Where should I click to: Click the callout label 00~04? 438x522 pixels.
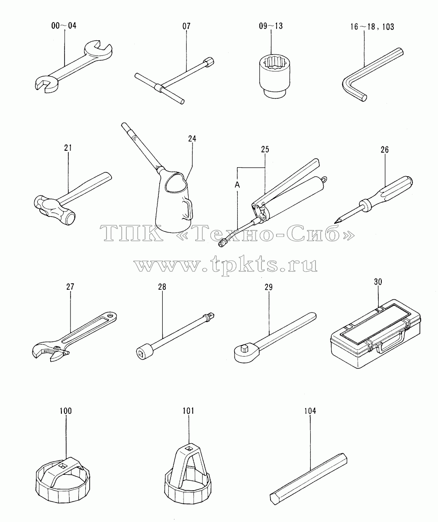pyautogui.click(x=64, y=26)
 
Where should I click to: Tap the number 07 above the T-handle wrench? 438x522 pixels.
pyautogui.click(x=186, y=26)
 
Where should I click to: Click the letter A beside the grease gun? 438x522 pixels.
pyautogui.click(x=237, y=185)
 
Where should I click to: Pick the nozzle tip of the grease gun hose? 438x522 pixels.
pyautogui.click(x=222, y=243)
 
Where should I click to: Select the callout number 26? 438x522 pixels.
pyautogui.click(x=384, y=150)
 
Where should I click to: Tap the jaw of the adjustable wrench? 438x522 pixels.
pyautogui.click(x=49, y=353)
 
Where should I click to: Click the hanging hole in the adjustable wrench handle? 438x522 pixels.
pyautogui.click(x=110, y=316)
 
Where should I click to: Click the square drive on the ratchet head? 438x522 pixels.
pyautogui.click(x=244, y=347)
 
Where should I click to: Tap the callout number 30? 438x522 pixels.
pyautogui.click(x=378, y=282)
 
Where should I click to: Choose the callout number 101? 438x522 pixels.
pyautogui.click(x=188, y=411)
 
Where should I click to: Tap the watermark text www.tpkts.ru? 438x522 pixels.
pyautogui.click(x=225, y=265)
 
